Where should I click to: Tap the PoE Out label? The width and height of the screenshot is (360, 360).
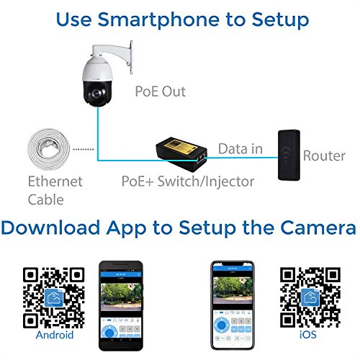161,91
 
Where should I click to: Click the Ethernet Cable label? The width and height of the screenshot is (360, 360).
55,189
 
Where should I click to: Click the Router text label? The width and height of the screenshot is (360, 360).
324,156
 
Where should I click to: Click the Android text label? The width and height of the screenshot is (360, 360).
55,334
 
